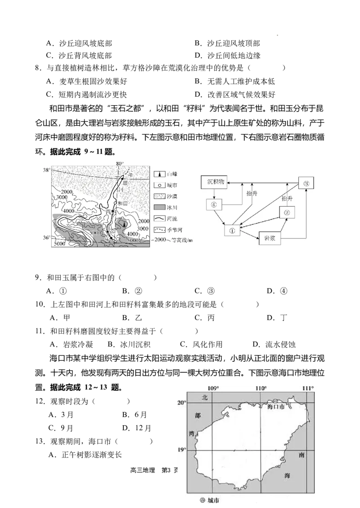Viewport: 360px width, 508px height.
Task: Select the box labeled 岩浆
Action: pyautogui.click(x=270, y=238)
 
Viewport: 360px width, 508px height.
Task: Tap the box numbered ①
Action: pyautogui.click(x=232, y=230)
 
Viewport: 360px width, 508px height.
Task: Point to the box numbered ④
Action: pyautogui.click(x=214, y=205)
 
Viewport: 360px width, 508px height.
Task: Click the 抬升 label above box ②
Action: pyautogui.click(x=287, y=198)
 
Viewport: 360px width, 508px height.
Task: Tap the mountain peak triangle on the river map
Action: pyautogui.click(x=125, y=225)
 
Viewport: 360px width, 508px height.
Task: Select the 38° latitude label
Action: pyautogui.click(x=46, y=171)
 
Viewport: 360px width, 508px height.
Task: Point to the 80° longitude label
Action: pyautogui.click(x=119, y=163)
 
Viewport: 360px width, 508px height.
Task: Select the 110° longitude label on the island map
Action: pyautogui.click(x=261, y=388)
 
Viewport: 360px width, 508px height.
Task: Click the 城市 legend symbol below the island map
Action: pyautogui.click(x=202, y=499)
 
